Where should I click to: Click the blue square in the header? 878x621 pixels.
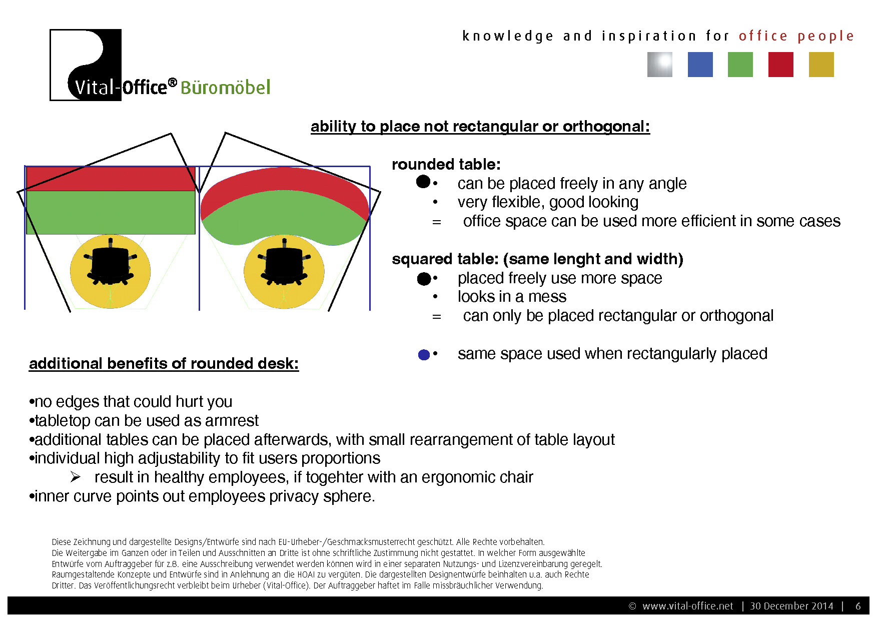pyautogui.click(x=700, y=65)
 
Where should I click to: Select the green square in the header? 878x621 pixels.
pyautogui.click(x=740, y=65)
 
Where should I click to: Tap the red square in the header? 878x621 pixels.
pyautogui.click(x=781, y=65)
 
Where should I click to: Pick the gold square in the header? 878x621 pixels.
pyautogui.click(x=821, y=65)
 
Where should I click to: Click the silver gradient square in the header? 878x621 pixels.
pyautogui.click(x=660, y=65)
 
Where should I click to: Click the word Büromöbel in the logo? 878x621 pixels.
pyautogui.click(x=225, y=87)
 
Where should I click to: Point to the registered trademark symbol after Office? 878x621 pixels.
pyautogui.click(x=172, y=83)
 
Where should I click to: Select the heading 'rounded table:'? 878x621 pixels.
pyautogui.click(x=446, y=164)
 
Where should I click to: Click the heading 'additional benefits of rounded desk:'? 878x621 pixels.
pyautogui.click(x=164, y=363)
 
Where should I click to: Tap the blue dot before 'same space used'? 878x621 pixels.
pyautogui.click(x=424, y=355)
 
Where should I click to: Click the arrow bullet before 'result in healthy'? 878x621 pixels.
pyautogui.click(x=76, y=477)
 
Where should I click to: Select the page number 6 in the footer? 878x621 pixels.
pyautogui.click(x=858, y=606)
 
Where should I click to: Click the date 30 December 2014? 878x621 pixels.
pyautogui.click(x=791, y=606)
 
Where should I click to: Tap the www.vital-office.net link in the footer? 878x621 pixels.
pyautogui.click(x=687, y=606)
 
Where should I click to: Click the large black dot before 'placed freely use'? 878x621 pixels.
pyautogui.click(x=424, y=279)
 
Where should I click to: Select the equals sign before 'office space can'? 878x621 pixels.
pyautogui.click(x=437, y=222)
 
